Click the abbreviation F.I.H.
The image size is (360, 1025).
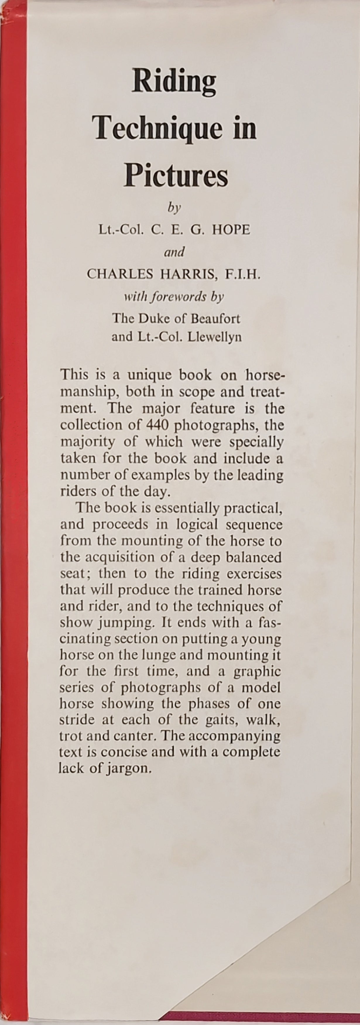pos(244,274)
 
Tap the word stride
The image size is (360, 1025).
pos(77,720)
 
